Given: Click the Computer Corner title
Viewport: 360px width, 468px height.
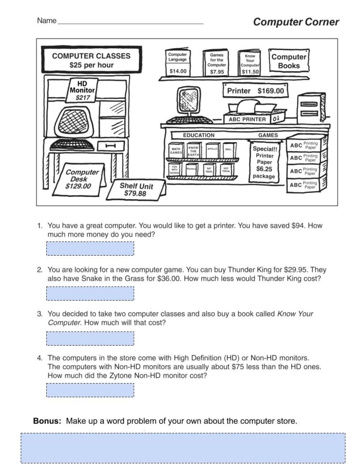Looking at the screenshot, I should point(296,22).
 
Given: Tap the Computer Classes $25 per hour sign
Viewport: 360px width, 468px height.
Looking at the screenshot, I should point(91,60).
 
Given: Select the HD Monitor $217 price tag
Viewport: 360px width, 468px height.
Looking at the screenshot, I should point(82,91).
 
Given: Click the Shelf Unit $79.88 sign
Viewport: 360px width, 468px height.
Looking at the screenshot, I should point(136,190).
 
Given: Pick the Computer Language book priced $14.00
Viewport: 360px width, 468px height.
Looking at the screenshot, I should point(178,63).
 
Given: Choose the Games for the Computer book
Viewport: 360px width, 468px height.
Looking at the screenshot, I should point(217,63).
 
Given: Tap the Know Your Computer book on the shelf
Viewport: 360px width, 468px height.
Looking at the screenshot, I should point(250,63).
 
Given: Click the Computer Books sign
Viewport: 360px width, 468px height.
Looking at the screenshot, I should point(289,61).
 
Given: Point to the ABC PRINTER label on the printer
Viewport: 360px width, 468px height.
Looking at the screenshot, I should point(247,119).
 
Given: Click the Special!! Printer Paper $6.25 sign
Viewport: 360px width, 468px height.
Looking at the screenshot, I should point(265,162).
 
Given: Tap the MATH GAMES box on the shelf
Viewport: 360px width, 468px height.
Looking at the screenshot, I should point(176,151).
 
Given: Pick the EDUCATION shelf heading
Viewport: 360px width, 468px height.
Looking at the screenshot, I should point(199,135).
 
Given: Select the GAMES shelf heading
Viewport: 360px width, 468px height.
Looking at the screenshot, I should point(268,135).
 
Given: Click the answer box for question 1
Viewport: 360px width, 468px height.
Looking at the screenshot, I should point(90,248).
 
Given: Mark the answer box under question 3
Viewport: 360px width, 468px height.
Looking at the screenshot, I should point(90,338).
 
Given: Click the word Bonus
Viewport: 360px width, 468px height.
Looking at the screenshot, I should point(47,421).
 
